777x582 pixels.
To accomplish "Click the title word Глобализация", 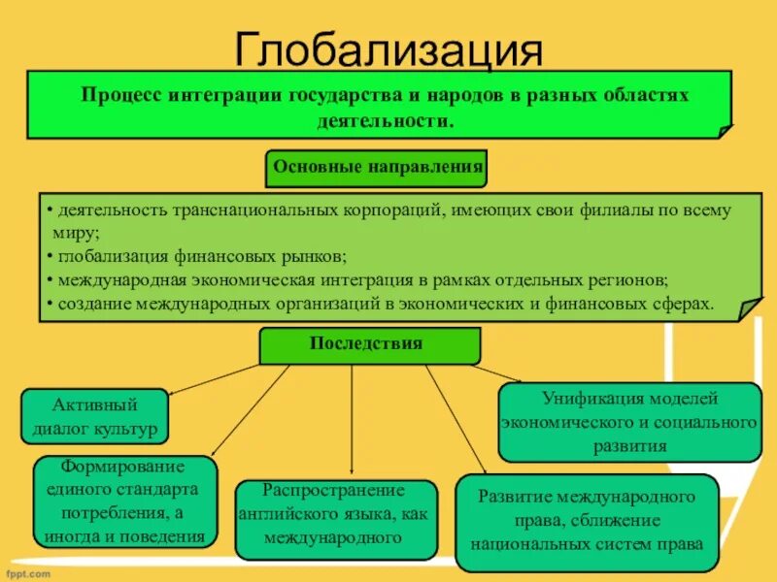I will (388, 48).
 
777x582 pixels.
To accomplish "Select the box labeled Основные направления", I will (377, 167).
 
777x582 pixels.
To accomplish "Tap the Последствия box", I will (369, 344).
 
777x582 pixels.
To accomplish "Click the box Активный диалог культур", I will (94, 415).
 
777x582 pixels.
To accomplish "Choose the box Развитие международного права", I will (586, 521).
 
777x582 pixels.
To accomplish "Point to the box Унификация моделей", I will (628, 422).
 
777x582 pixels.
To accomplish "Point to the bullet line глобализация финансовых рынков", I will (199, 256).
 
